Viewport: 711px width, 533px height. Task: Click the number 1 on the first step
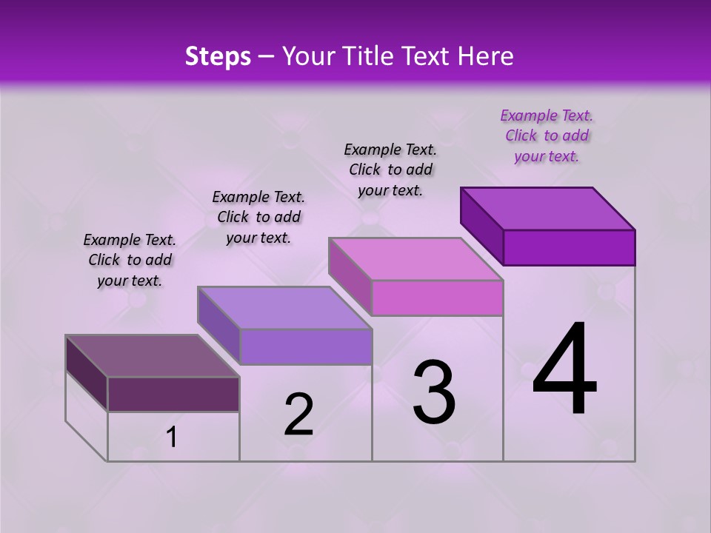[x=172, y=438]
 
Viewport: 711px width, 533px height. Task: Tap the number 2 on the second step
[x=298, y=415]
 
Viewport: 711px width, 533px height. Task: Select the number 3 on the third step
[x=434, y=392]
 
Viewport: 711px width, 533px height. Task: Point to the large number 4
[x=564, y=369]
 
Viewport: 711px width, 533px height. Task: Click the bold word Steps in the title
[x=218, y=56]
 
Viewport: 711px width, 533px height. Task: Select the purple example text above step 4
[x=547, y=135]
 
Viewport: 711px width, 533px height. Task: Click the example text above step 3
[x=390, y=170]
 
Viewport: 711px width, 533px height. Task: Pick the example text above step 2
[x=258, y=217]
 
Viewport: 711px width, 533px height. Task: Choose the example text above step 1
[x=130, y=260]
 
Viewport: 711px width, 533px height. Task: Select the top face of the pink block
[x=415, y=259]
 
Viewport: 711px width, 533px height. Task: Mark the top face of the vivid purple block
[x=547, y=209]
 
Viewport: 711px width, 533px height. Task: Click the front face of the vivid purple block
[x=569, y=247]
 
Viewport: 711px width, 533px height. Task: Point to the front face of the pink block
[x=437, y=298]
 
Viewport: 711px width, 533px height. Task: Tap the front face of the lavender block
[x=305, y=346]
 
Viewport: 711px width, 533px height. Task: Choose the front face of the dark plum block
[x=173, y=394]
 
